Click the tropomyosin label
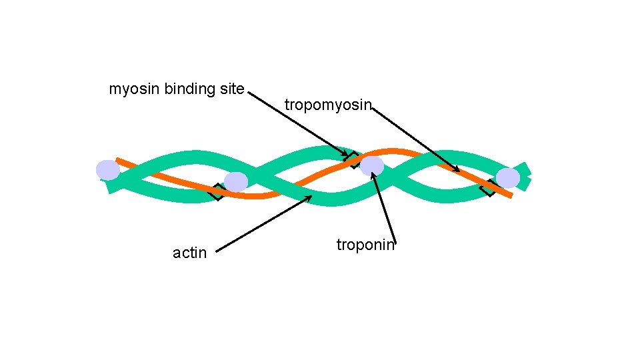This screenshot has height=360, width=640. coord(327,105)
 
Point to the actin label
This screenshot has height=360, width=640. coord(189,253)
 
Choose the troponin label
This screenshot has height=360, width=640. coord(365,245)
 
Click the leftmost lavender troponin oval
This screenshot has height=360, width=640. coord(107,170)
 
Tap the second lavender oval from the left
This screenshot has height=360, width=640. coord(236,181)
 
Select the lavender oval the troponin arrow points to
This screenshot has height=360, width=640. coord(372,166)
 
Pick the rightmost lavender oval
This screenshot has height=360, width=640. coord(508,178)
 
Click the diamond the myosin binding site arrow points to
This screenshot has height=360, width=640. coord(351,159)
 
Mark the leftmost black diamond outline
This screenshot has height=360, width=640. coord(216,192)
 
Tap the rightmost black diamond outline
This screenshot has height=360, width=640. coord(488,189)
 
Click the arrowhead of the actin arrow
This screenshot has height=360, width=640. coord(309,197)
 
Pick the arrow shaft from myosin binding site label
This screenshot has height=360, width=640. coord(293,123)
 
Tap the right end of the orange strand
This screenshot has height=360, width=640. coord(510,195)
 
